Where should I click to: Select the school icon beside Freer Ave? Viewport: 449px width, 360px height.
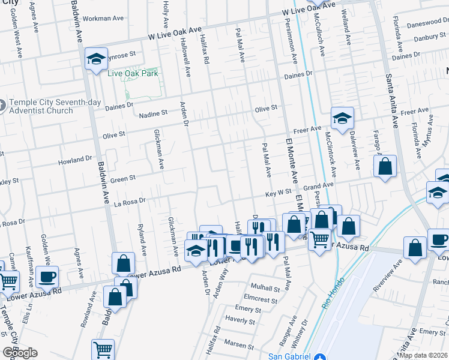tap(342, 118)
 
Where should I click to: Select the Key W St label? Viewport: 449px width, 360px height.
tap(279, 194)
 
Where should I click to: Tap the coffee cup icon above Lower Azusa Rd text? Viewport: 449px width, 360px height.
tap(47, 277)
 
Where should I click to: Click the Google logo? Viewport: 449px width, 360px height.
tap(20, 353)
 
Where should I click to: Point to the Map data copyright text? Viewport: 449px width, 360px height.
tap(423, 355)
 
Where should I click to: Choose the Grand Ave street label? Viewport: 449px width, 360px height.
tap(318, 187)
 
